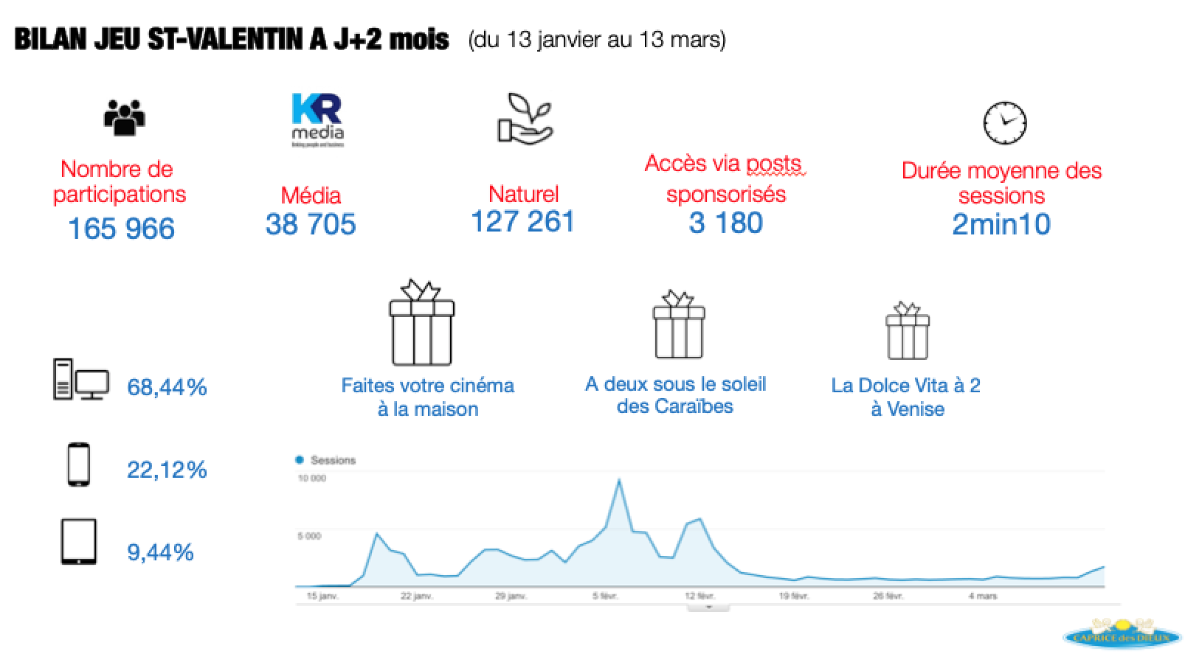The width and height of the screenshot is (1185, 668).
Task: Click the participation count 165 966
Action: pyautogui.click(x=121, y=229)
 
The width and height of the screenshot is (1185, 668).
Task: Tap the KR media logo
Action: pyautogui.click(x=317, y=119)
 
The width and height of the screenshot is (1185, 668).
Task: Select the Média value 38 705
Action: pyautogui.click(x=311, y=224)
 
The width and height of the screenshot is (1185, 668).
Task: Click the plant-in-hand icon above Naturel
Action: pyautogui.click(x=525, y=118)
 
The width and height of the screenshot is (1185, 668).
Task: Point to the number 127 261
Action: pyautogui.click(x=522, y=221)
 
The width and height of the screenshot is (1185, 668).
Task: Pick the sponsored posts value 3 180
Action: pyautogui.click(x=725, y=223)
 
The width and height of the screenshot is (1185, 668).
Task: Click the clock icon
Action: pyautogui.click(x=1004, y=122)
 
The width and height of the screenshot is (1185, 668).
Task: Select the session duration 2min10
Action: pyautogui.click(x=1001, y=224)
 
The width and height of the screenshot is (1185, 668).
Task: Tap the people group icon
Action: pyautogui.click(x=125, y=117)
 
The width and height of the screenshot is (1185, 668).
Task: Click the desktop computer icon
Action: pyautogui.click(x=80, y=380)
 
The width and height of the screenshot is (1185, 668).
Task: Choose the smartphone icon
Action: pyautogui.click(x=79, y=465)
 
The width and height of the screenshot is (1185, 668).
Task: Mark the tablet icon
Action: pyautogui.click(x=78, y=542)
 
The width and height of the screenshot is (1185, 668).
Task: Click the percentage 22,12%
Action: pyautogui.click(x=167, y=470)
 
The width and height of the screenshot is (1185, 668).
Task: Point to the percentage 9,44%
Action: pyautogui.click(x=160, y=552)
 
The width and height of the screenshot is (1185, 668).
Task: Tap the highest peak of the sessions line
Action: pyautogui.click(x=618, y=480)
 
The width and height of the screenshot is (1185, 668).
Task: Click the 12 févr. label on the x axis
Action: pyautogui.click(x=700, y=596)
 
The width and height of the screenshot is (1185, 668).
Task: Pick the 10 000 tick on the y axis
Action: pyautogui.click(x=311, y=479)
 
